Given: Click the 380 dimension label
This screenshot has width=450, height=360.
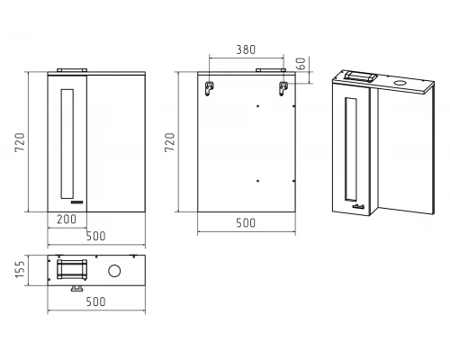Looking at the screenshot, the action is (x=246, y=49).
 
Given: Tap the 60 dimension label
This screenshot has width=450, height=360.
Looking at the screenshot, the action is (x=301, y=63).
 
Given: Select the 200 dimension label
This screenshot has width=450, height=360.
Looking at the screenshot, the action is (x=67, y=220).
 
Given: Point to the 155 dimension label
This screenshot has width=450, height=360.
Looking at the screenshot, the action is (x=20, y=269).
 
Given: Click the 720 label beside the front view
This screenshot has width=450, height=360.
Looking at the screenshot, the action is (x=20, y=142).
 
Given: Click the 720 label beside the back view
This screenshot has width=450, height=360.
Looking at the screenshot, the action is (x=169, y=142).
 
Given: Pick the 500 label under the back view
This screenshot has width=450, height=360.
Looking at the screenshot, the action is (x=246, y=223).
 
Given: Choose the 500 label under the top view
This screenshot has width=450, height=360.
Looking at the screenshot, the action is (x=95, y=301).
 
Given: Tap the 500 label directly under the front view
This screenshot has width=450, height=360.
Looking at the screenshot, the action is (x=95, y=236).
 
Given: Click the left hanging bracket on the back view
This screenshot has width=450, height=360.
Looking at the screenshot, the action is (x=209, y=88).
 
